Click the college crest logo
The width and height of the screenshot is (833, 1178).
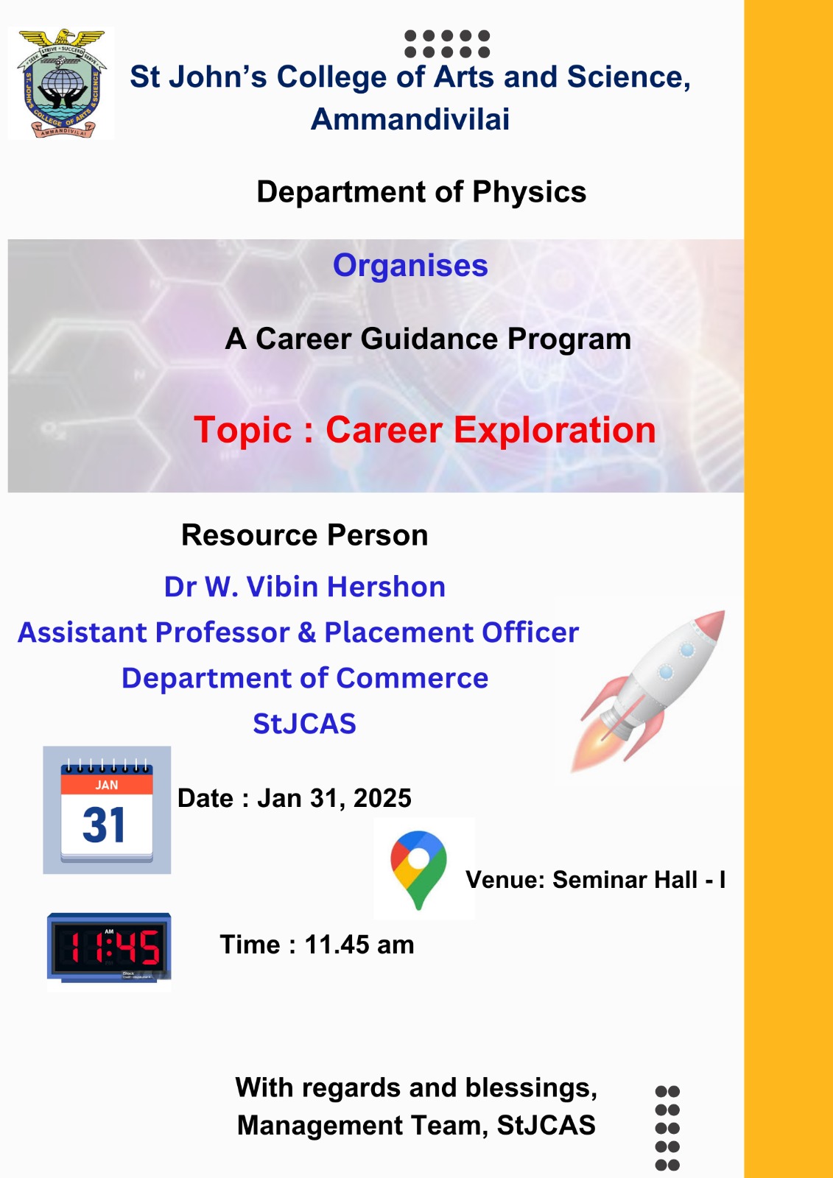point(61,83)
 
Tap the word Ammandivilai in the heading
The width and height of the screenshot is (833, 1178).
point(410,119)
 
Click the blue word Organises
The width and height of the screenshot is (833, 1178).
point(410,266)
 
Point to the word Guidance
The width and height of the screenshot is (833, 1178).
point(429,339)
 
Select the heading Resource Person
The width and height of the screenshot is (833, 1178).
point(305,535)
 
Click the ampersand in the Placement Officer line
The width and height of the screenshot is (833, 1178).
point(306,632)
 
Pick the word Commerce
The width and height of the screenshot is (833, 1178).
point(412,678)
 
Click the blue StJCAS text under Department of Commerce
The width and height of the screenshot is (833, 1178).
point(304,724)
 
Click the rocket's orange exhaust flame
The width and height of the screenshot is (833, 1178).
point(592,747)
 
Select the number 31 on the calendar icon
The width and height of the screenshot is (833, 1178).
point(104,825)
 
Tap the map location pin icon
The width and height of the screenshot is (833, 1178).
point(418,870)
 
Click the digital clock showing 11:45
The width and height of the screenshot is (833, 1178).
point(109,948)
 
